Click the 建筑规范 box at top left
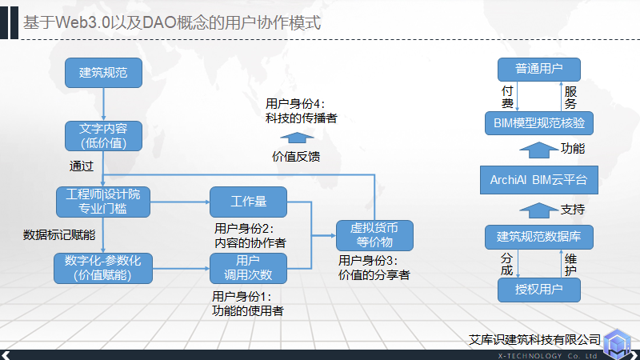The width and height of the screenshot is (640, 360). (104, 73)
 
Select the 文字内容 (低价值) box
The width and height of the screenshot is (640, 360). (104, 136)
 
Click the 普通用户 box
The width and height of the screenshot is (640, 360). (538, 69)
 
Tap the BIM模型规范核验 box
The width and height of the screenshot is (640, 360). (538, 123)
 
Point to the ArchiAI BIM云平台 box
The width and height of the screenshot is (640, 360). (538, 180)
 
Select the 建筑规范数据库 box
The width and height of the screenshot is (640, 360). (538, 237)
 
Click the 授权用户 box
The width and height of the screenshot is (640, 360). (538, 289)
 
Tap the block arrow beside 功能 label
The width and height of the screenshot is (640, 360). (538, 150)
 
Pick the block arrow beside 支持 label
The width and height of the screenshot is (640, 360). (538, 209)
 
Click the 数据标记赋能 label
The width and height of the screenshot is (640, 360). (59, 235)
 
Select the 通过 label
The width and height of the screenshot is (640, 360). (82, 166)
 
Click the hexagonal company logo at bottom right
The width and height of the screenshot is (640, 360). (618, 342)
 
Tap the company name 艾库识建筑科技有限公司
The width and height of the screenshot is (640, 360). (534, 339)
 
